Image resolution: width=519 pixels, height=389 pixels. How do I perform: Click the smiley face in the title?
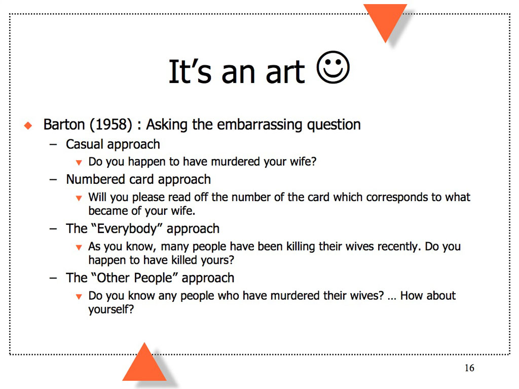pyautogui.click(x=332, y=67)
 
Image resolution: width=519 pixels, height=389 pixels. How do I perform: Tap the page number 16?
pyautogui.click(x=469, y=368)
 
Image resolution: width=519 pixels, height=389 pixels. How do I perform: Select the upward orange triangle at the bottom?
pyautogui.click(x=144, y=362)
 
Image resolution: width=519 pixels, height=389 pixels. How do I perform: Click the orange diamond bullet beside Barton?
pyautogui.click(x=28, y=126)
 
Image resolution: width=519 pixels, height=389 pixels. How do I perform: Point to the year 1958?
pyautogui.click(x=111, y=125)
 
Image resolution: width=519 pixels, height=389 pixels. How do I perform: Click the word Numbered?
pyautogui.click(x=95, y=179)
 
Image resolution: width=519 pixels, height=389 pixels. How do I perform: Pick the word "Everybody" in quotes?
pyautogui.click(x=126, y=229)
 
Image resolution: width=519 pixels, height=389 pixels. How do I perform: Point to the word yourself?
pyautogui.click(x=111, y=309)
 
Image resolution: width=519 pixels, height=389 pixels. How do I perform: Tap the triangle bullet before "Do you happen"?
pyautogui.click(x=79, y=163)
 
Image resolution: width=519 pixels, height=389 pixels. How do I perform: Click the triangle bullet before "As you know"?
pyautogui.click(x=79, y=247)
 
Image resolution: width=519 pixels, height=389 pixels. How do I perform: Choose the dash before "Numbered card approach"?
pyautogui.click(x=53, y=180)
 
